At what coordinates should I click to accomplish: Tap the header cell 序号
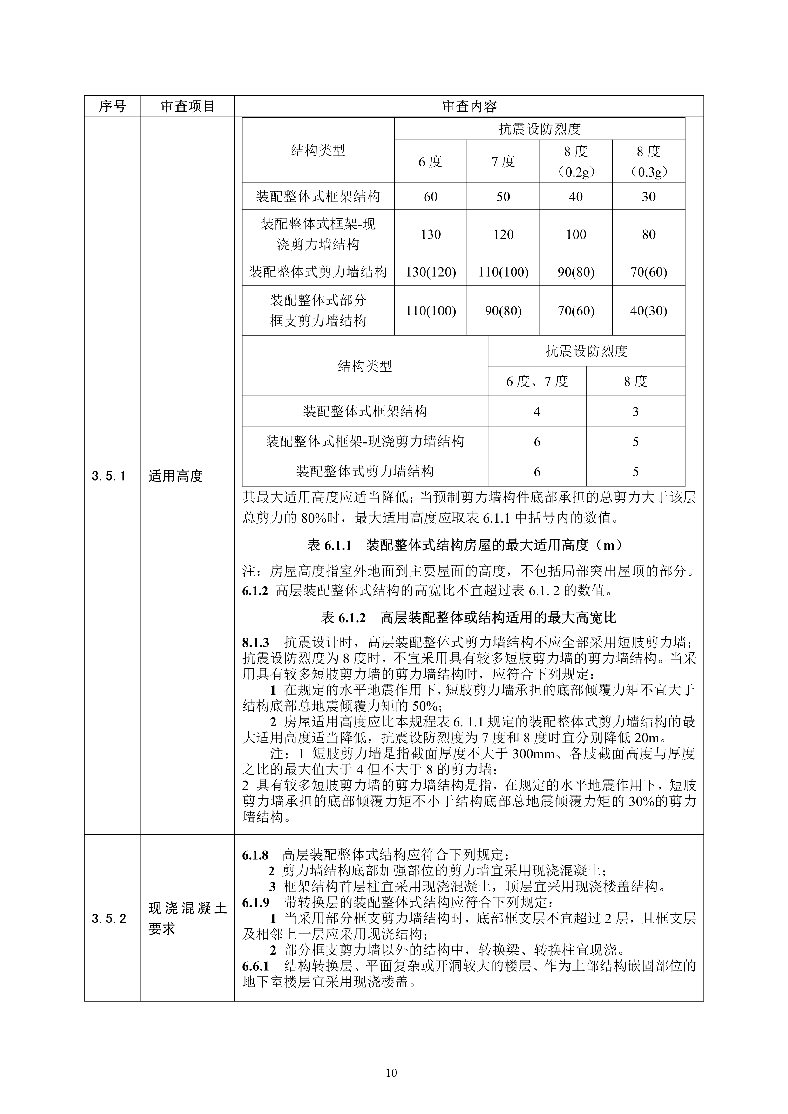[112, 106]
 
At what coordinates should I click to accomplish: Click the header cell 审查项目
[188, 106]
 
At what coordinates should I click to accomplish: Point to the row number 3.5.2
[109, 918]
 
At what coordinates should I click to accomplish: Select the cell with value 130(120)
[431, 272]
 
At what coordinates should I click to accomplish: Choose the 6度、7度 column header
[537, 381]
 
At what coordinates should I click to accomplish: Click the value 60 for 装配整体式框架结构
[431, 197]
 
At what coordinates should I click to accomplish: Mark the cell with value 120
[503, 234]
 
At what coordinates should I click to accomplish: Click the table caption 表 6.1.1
[329, 545]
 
